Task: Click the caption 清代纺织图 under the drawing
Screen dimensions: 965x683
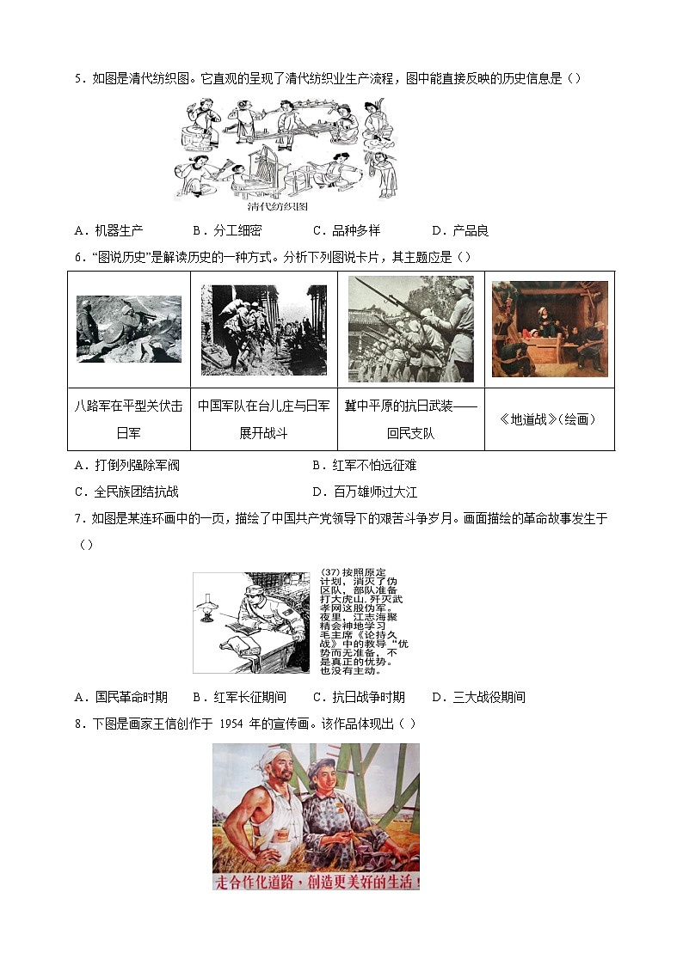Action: [x=277, y=206]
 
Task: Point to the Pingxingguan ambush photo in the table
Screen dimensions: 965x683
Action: [x=129, y=329]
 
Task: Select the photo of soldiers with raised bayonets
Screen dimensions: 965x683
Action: [x=410, y=329]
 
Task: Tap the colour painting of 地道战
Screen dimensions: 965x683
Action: [x=550, y=329]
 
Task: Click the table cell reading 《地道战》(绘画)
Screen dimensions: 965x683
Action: [x=549, y=419]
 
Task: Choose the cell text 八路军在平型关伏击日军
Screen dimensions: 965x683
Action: [x=129, y=419]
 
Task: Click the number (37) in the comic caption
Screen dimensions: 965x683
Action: [x=329, y=573]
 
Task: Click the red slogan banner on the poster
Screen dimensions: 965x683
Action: [x=316, y=882]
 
